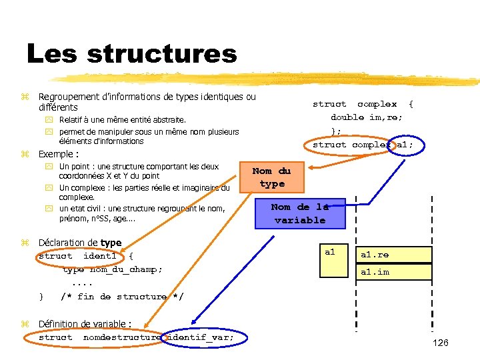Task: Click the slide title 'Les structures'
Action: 131,53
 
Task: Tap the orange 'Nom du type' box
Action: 271,177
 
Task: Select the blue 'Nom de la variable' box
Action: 300,213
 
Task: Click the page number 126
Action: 441,343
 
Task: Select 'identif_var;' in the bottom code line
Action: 200,337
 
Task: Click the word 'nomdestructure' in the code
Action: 122,337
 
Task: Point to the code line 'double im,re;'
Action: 367,117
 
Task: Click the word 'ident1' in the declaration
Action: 100,256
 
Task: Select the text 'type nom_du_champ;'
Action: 112,269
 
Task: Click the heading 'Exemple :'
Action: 59,154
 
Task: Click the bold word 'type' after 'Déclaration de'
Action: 111,243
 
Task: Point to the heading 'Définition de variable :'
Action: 85,324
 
